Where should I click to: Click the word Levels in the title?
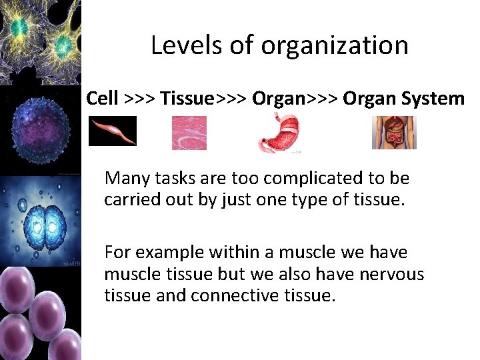(180, 45)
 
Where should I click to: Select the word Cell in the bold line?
(102, 99)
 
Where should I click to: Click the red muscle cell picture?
(113, 131)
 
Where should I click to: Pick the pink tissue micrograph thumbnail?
(189, 133)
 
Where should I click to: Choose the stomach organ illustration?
(278, 133)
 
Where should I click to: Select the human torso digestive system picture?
(394, 132)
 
